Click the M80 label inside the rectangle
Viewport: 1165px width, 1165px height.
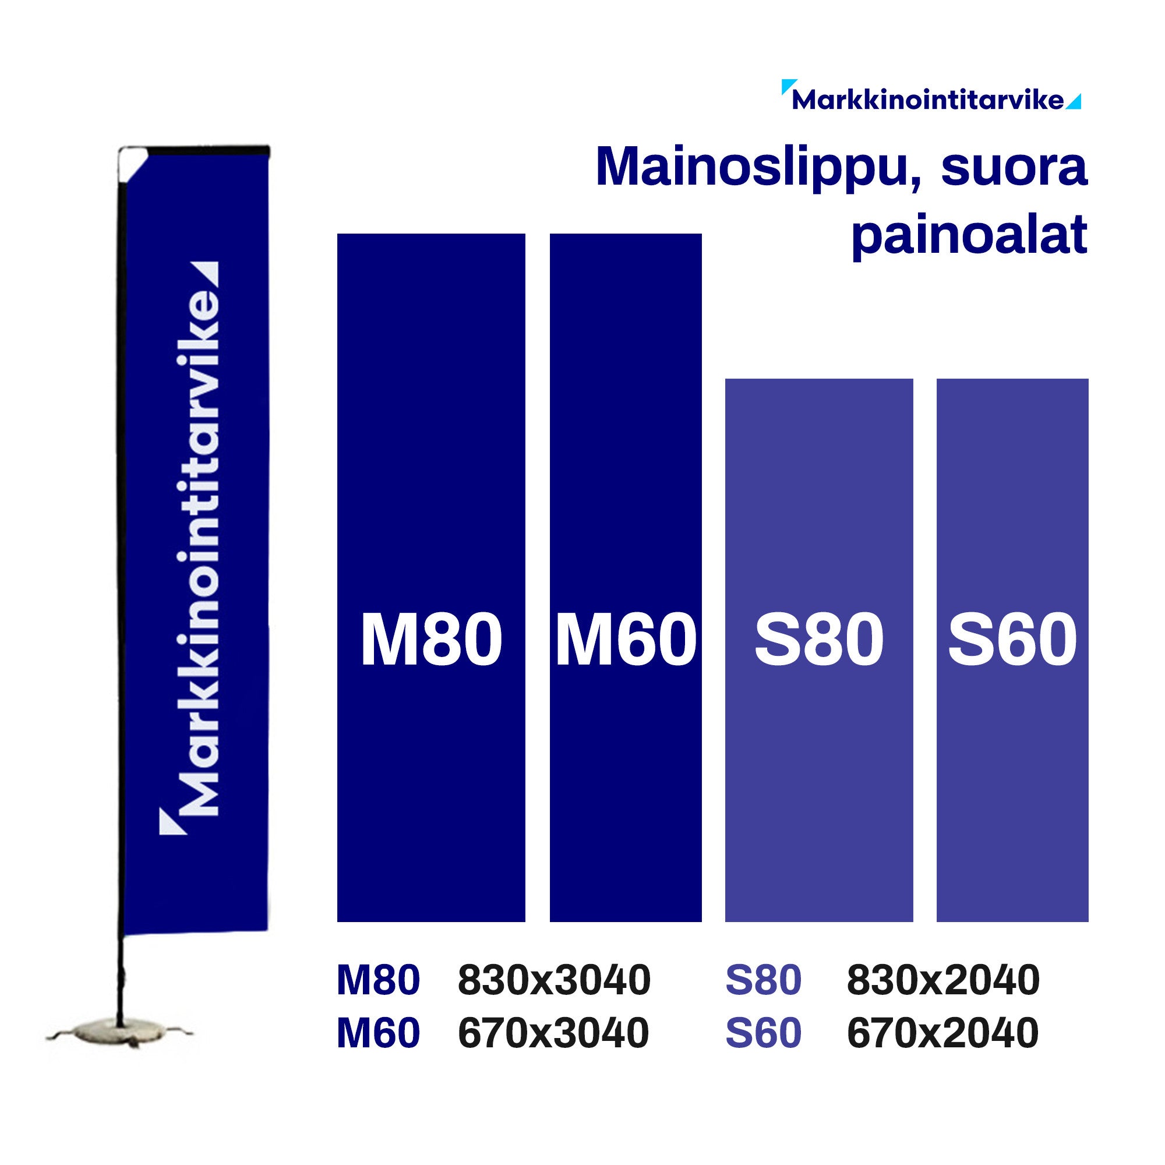click(431, 640)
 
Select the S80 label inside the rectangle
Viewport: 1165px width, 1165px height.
click(819, 640)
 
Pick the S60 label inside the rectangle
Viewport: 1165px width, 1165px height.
click(1012, 640)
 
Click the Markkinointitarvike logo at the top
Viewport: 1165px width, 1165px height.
click(929, 100)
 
